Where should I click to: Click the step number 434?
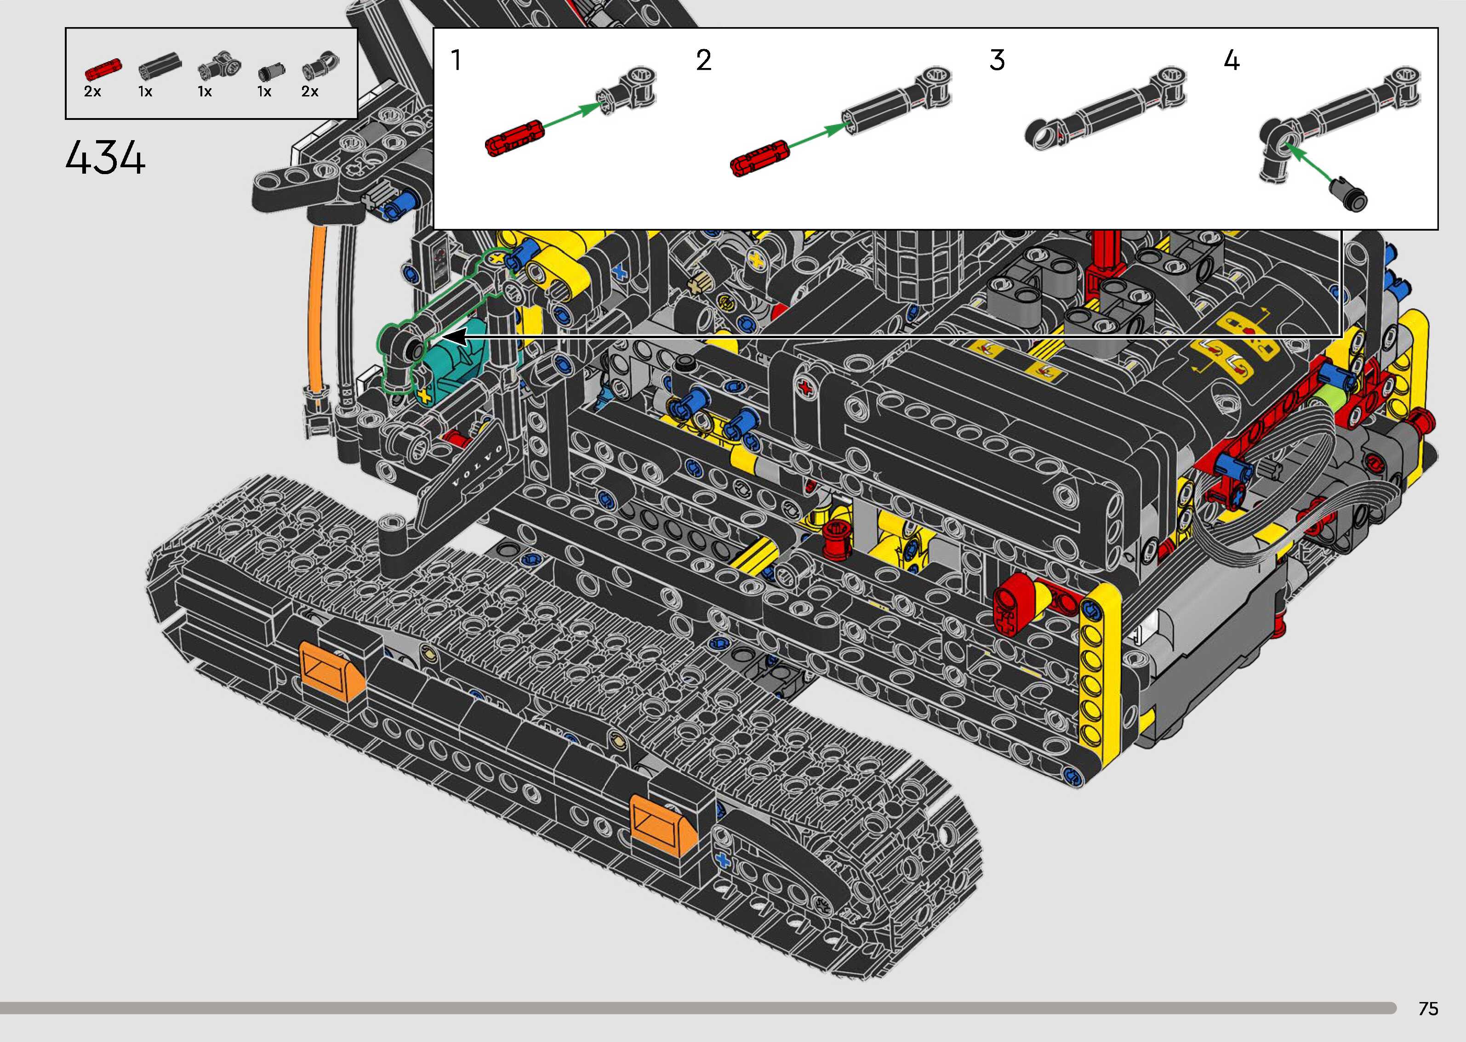pyautogui.click(x=105, y=158)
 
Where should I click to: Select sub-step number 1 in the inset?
pyautogui.click(x=456, y=60)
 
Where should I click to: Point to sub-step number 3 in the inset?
pyautogui.click(x=996, y=60)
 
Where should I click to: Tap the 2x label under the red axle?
pyautogui.click(x=92, y=92)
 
